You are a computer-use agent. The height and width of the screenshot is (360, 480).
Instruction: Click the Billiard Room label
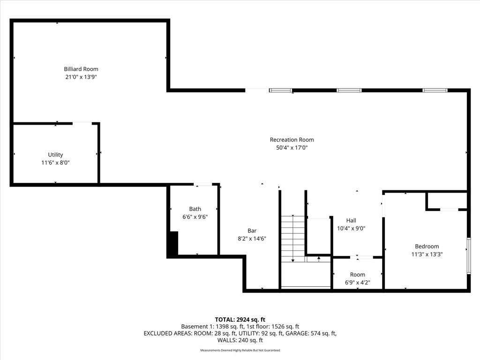pyautogui.click(x=81, y=69)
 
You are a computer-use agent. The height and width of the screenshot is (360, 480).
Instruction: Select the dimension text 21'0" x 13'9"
pyautogui.click(x=81, y=77)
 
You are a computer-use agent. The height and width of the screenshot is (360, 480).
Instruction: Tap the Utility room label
pyautogui.click(x=55, y=155)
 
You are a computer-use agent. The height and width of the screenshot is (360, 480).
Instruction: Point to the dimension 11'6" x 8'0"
pyautogui.click(x=55, y=163)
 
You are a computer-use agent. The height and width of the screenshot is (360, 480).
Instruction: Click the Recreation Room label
pyautogui.click(x=292, y=140)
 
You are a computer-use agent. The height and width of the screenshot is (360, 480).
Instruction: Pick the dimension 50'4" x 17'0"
pyautogui.click(x=292, y=148)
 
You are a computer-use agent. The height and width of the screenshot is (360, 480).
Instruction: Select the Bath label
pyautogui.click(x=195, y=209)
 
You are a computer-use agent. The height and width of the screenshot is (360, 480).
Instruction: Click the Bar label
pyautogui.click(x=252, y=231)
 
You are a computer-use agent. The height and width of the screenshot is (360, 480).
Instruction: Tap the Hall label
pyautogui.click(x=351, y=220)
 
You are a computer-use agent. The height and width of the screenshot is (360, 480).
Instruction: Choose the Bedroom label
pyautogui.click(x=427, y=247)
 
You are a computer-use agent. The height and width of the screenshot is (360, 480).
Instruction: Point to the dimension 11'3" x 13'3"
pyautogui.click(x=427, y=254)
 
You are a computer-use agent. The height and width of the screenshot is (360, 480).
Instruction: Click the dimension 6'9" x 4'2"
pyautogui.click(x=357, y=283)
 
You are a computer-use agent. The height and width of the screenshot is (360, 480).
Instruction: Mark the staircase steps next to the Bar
pyautogui.click(x=293, y=237)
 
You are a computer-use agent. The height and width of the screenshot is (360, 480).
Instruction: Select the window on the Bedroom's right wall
pyautogui.click(x=468, y=255)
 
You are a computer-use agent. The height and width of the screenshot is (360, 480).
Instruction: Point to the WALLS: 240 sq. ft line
pyautogui.click(x=240, y=340)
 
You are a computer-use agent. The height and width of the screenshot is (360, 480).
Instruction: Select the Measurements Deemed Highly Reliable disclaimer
pyautogui.click(x=240, y=351)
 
